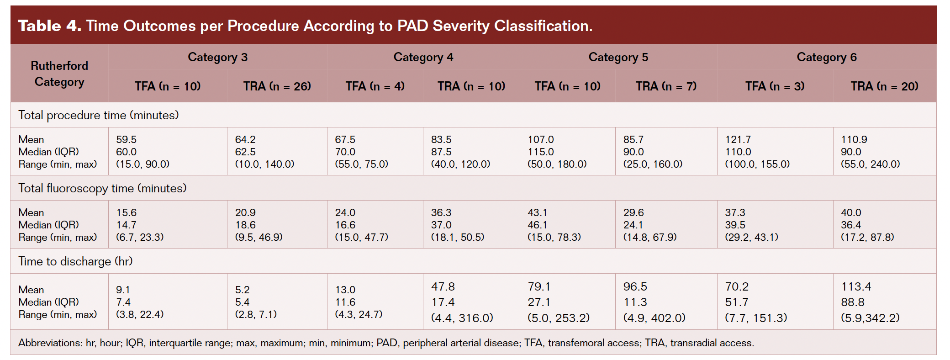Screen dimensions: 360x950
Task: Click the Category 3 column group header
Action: [217, 57]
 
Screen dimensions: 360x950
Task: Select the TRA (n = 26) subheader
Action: [277, 86]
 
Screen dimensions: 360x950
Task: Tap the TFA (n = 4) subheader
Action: [375, 86]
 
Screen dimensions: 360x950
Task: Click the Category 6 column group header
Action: [826, 57]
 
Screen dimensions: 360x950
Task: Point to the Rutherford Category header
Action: [59, 74]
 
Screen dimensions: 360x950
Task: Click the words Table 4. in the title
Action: [49, 26]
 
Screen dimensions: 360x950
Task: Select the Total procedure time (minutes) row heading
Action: [98, 115]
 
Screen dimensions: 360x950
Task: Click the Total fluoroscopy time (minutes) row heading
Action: [102, 188]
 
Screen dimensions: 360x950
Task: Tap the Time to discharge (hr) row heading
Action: [75, 261]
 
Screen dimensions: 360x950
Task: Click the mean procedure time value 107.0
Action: [540, 139]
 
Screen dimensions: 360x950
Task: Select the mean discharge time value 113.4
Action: [856, 286]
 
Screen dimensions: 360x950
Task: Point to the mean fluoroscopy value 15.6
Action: [126, 212]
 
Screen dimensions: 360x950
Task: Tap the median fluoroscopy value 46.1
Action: [537, 225]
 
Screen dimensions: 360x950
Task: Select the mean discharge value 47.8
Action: [443, 286]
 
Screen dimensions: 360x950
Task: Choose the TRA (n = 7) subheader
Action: [666, 86]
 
